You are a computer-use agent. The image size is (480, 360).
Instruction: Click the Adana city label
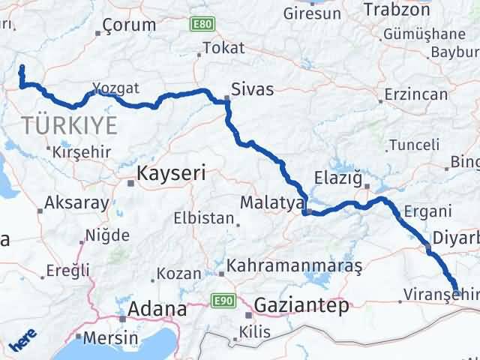pyautogui.click(x=157, y=308)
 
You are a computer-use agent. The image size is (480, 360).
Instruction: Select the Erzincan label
pyautogui.click(x=415, y=94)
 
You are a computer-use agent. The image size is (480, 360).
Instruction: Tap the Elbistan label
pyautogui.click(x=204, y=219)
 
